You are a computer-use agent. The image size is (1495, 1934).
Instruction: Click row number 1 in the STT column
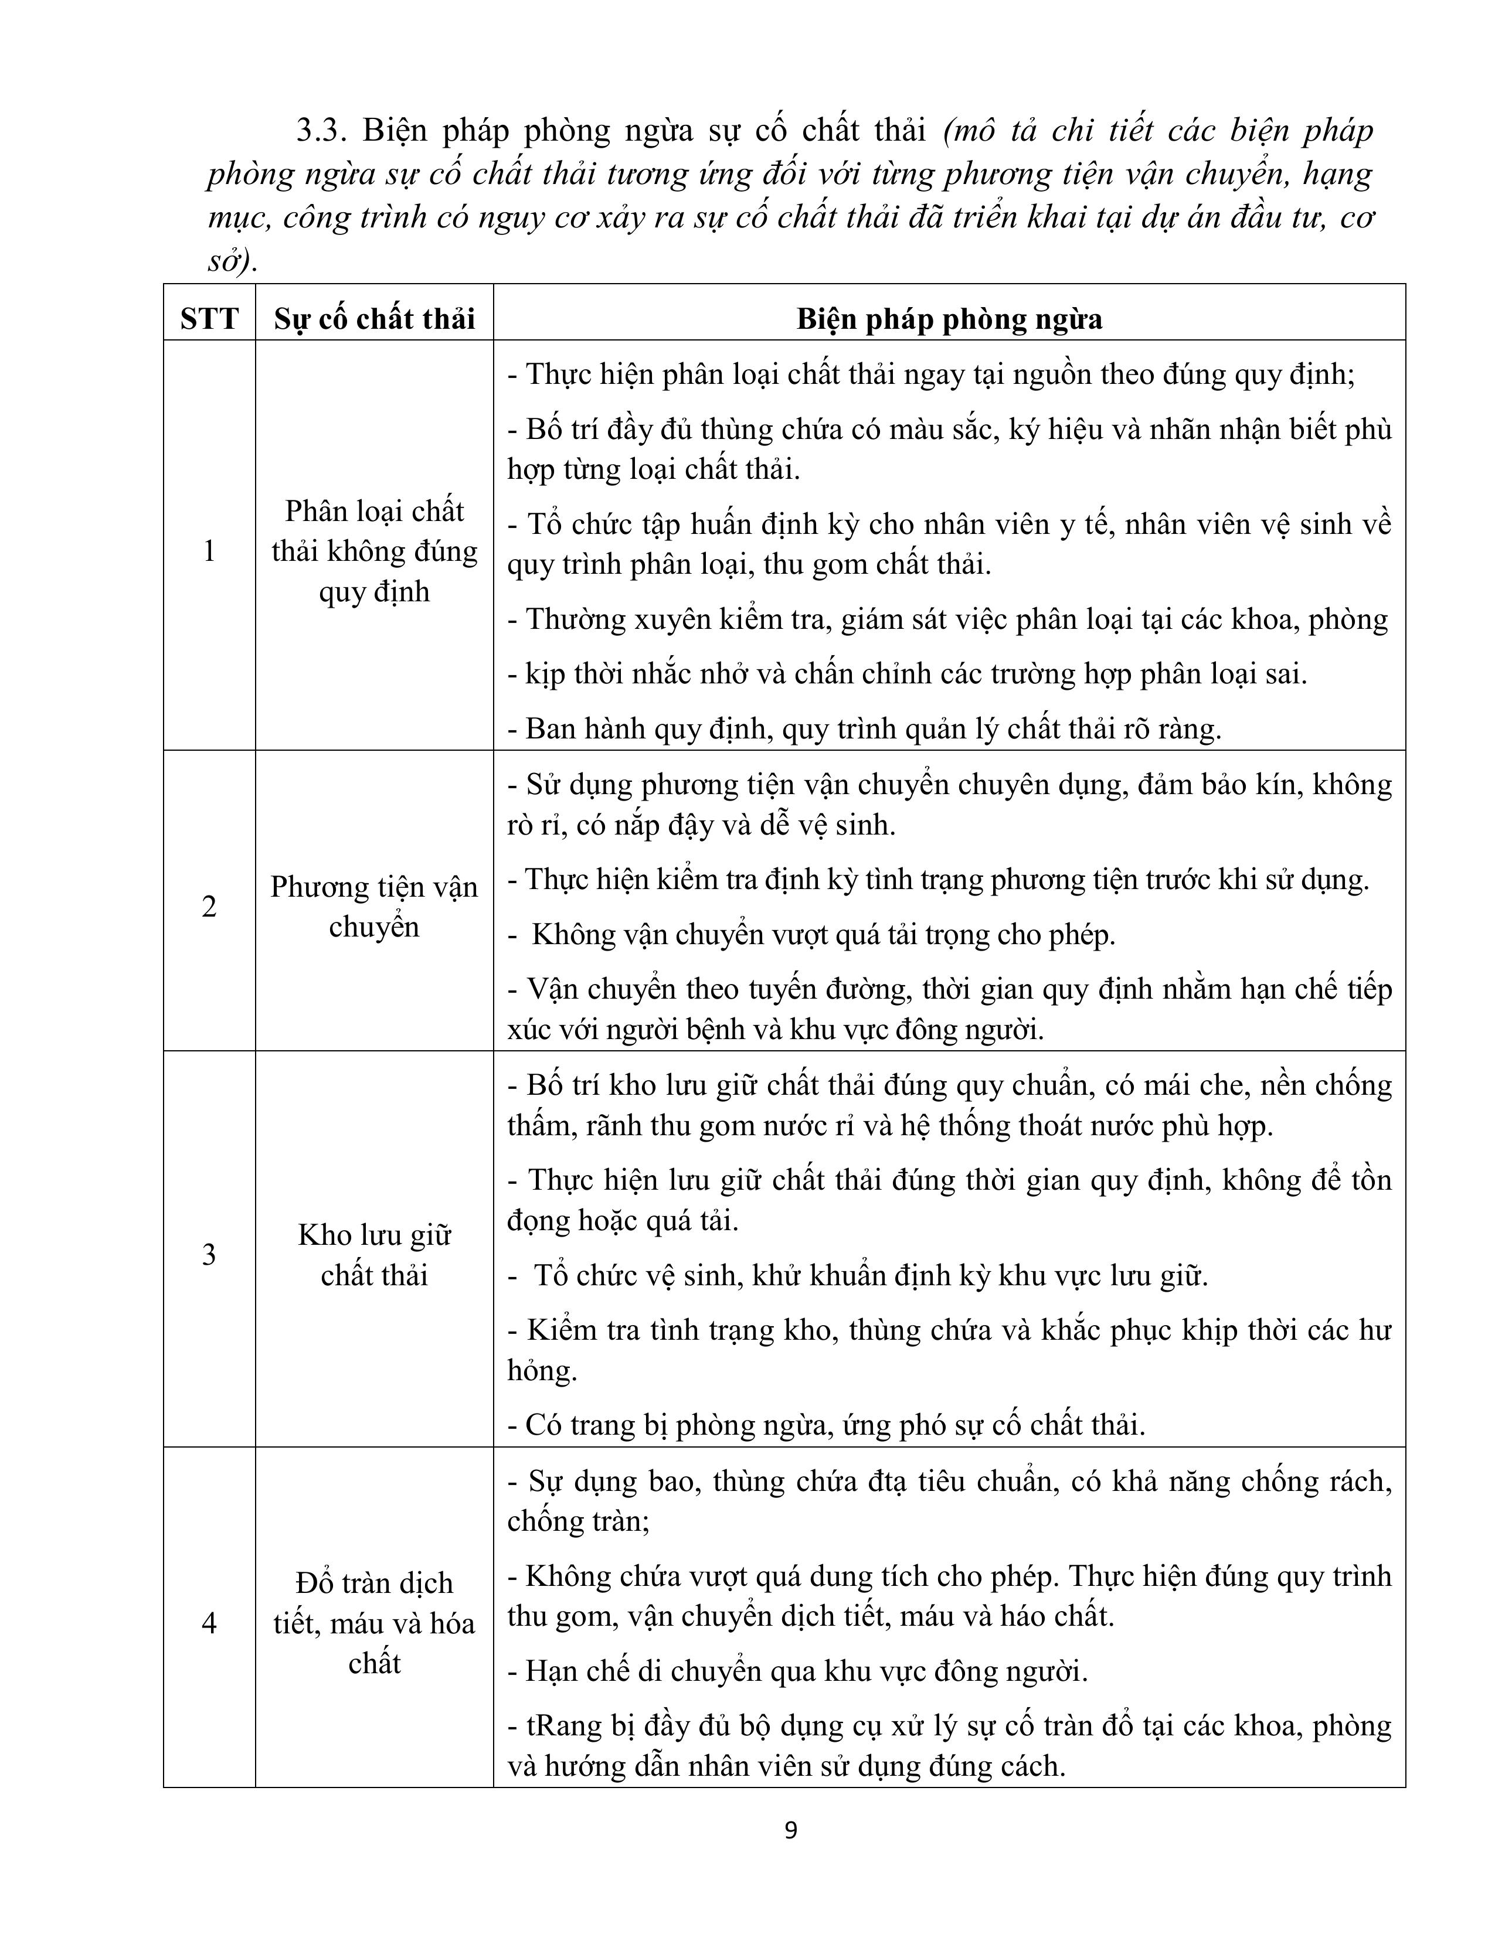[x=209, y=551]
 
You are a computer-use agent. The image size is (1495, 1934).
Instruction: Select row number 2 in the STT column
[x=209, y=907]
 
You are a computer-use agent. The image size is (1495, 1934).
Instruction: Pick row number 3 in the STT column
[x=209, y=1254]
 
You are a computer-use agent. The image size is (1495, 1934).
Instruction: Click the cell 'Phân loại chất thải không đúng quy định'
[x=374, y=551]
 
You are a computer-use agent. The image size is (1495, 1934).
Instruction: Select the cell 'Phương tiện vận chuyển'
[x=374, y=907]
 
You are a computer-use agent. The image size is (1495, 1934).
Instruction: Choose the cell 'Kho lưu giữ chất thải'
[x=374, y=1255]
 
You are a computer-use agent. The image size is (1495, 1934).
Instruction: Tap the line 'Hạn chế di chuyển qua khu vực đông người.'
[x=806, y=1671]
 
